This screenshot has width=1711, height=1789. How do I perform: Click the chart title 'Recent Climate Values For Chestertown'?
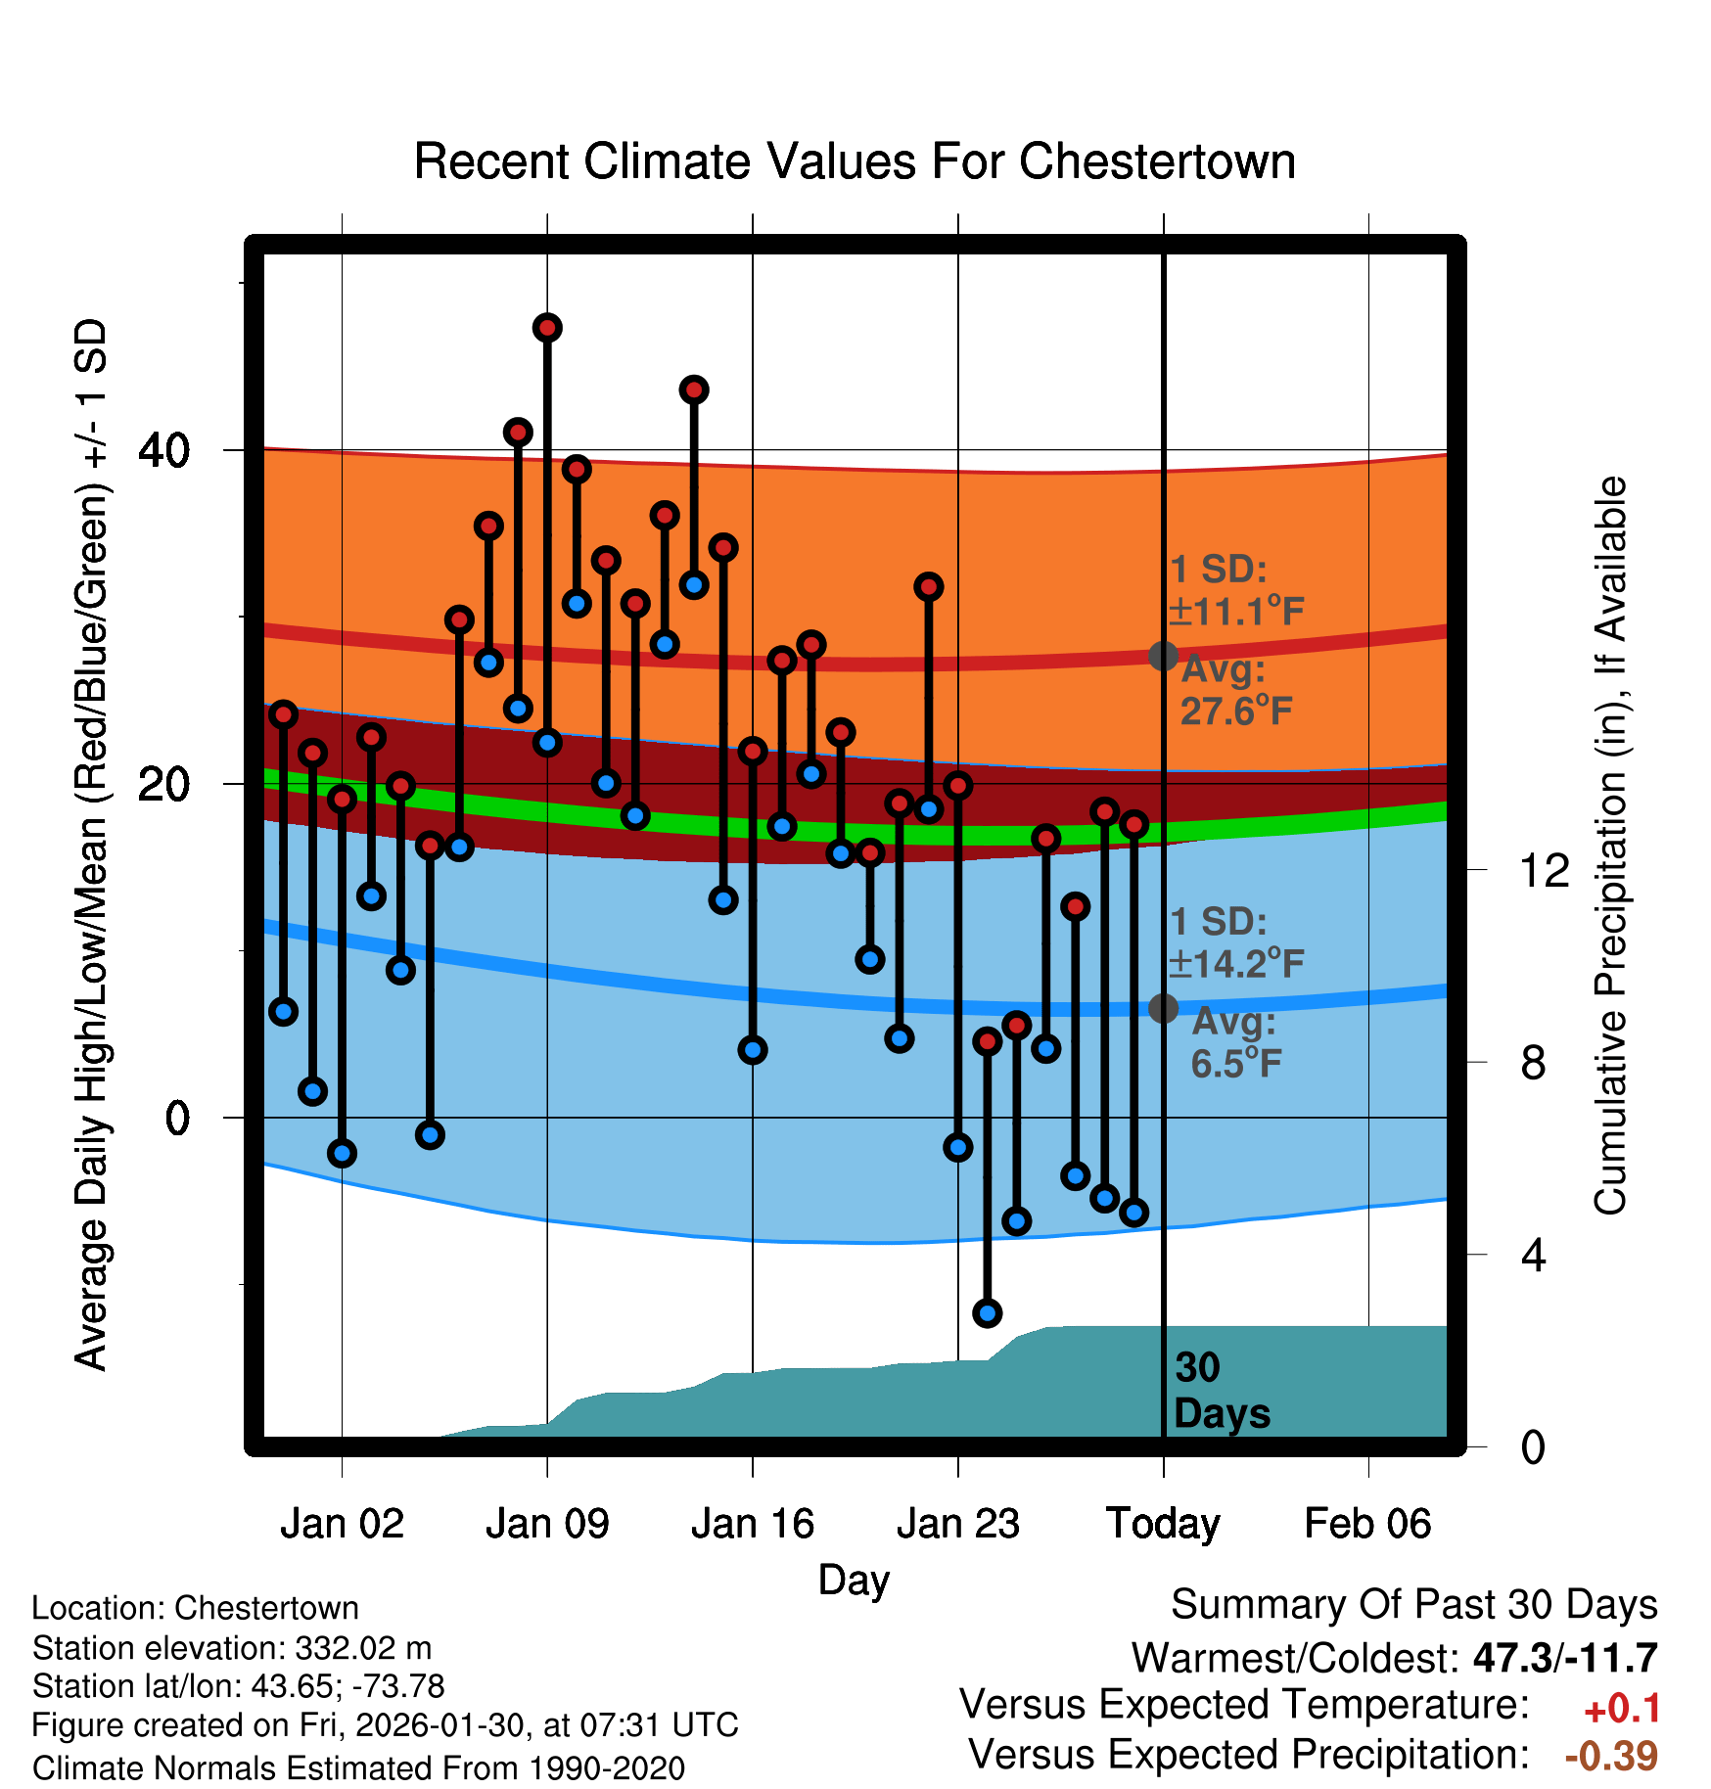click(855, 161)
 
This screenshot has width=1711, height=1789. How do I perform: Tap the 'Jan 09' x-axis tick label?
click(547, 1524)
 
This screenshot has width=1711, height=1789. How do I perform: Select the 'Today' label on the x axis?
click(1163, 1524)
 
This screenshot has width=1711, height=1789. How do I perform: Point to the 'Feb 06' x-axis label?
click(1367, 1524)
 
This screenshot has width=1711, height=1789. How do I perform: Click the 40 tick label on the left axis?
click(164, 450)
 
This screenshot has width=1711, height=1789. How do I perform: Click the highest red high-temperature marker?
click(547, 328)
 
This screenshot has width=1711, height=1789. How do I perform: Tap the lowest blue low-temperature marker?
click(987, 1313)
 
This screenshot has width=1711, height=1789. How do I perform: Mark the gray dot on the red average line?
click(1163, 656)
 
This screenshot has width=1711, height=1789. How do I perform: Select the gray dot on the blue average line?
click(1163, 1007)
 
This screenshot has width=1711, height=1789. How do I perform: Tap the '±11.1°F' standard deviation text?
click(1237, 612)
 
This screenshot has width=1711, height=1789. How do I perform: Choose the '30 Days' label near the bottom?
click(1221, 1391)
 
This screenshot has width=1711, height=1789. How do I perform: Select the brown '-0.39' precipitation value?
click(1611, 1756)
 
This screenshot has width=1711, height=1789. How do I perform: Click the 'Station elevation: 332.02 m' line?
click(232, 1648)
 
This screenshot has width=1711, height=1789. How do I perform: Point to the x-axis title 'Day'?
click(854, 1580)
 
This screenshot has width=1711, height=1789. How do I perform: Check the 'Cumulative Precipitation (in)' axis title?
click(1610, 846)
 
